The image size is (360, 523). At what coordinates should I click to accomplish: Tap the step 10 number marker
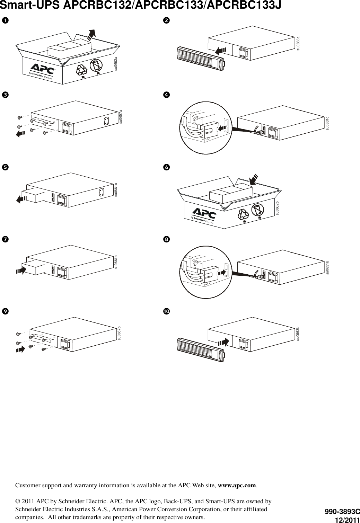166,311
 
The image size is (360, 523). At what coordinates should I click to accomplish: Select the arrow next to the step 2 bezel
220,51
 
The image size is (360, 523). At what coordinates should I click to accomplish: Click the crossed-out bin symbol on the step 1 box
96,66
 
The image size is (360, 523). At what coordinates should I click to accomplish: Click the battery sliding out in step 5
33,196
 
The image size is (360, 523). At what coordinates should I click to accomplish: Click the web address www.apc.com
237,485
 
